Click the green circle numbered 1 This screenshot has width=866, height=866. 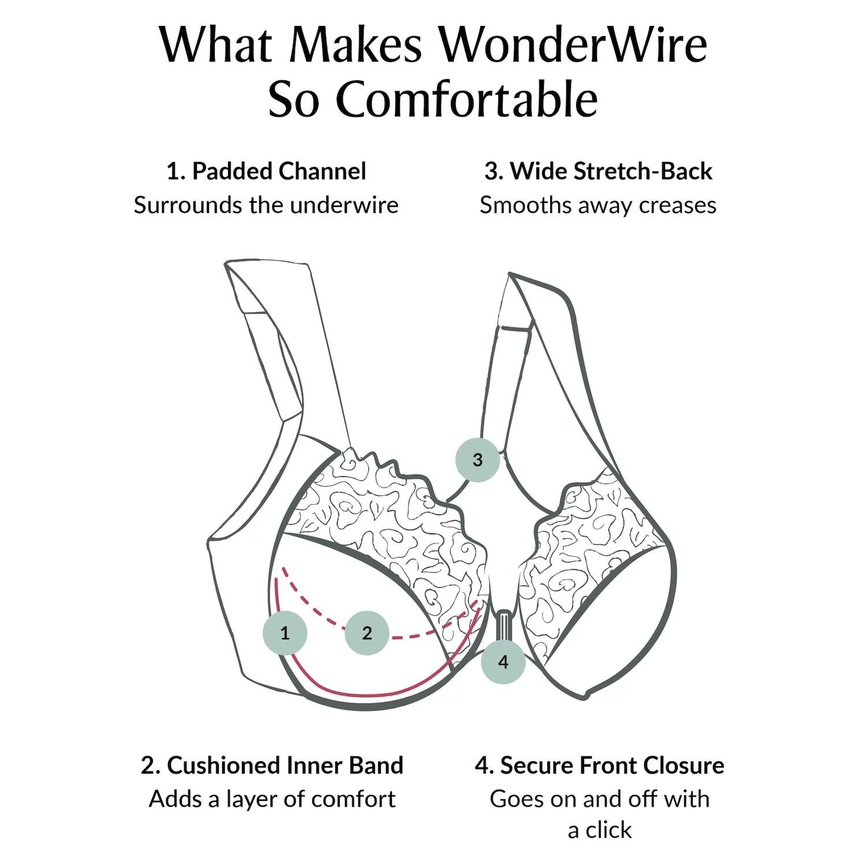[x=285, y=633]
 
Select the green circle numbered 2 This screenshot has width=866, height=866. [x=367, y=633]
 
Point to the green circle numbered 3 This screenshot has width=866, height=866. [x=477, y=460]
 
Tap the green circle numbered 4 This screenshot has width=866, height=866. [x=503, y=662]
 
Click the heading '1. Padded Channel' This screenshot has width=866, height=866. [x=266, y=171]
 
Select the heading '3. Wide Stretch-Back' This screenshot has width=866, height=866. [x=598, y=171]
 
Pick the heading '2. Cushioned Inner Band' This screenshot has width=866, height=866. [x=272, y=766]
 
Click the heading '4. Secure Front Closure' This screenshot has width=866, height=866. [x=599, y=766]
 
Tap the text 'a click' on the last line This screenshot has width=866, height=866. [x=599, y=830]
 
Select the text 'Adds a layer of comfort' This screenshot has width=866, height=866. [x=272, y=800]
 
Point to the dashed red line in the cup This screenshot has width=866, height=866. [x=315, y=612]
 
